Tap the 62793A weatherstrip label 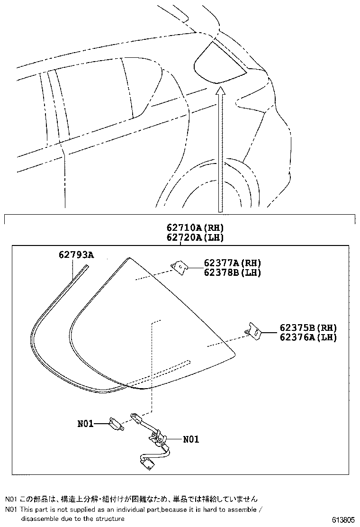click(76, 255)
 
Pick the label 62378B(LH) click(233, 273)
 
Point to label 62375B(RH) click(308, 328)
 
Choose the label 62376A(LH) click(308, 337)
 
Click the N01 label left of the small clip click(86, 423)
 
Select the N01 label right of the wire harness click(191, 439)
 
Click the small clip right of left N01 click(116, 423)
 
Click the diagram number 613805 click(342, 519)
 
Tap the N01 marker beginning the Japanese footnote click(11, 499)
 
